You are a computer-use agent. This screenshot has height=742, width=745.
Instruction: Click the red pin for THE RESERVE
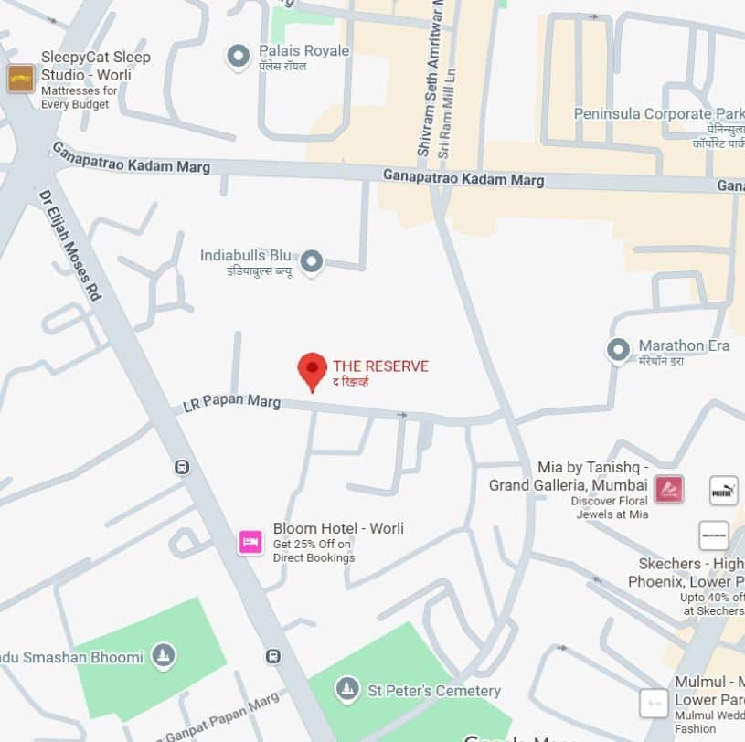click(x=313, y=370)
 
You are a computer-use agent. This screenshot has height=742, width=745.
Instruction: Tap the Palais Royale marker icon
click(x=239, y=57)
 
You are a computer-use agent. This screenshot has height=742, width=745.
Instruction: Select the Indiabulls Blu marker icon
click(x=313, y=262)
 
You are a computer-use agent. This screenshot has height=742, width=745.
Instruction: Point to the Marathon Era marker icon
click(x=619, y=349)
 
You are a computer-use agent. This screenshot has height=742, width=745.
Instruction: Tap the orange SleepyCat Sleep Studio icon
click(x=20, y=79)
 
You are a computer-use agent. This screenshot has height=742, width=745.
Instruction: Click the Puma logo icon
click(x=723, y=491)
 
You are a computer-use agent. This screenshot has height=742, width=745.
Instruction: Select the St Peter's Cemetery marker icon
click(x=346, y=688)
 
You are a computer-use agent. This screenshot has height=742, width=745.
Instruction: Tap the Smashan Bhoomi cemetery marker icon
click(x=163, y=654)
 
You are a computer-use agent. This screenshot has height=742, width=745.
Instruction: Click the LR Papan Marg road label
click(x=231, y=401)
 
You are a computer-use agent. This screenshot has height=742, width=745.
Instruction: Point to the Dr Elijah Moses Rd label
click(x=69, y=246)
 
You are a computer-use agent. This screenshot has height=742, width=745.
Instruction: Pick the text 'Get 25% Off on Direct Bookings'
click(x=314, y=551)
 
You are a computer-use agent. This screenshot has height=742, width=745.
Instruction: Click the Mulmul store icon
click(x=654, y=703)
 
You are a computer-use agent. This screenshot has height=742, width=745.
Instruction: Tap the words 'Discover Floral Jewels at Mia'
click(x=612, y=507)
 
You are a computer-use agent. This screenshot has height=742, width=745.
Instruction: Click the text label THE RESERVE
click(x=380, y=366)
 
